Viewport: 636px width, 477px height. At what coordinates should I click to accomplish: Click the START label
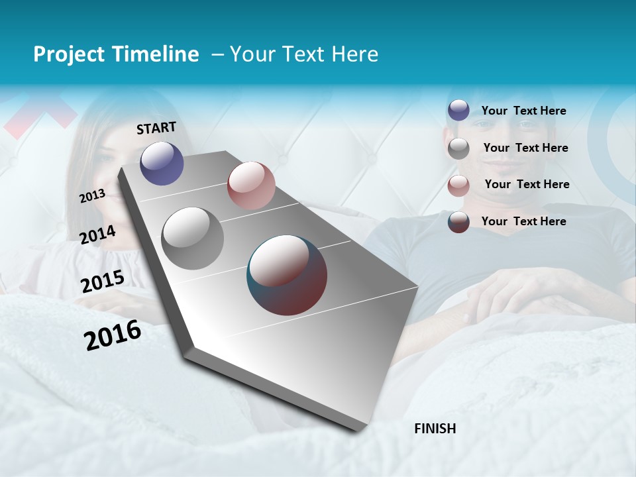(x=156, y=128)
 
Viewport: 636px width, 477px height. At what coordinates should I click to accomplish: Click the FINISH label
(x=435, y=429)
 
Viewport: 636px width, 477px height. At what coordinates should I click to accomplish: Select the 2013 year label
(x=92, y=196)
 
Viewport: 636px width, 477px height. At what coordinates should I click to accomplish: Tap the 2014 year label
(x=97, y=235)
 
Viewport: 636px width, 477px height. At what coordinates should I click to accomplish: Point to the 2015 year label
(x=102, y=282)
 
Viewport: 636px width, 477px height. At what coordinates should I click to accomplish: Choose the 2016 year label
(x=113, y=335)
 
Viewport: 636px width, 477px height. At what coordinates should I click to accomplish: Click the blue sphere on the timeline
(x=162, y=163)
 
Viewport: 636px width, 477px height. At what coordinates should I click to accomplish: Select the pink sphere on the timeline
(x=251, y=185)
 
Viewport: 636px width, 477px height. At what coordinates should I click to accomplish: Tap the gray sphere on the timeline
(x=193, y=238)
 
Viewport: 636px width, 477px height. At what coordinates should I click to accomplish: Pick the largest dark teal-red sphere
(x=287, y=275)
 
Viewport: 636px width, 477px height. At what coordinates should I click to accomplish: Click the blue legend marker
(x=458, y=111)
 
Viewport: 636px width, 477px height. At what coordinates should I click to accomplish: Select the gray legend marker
(x=458, y=148)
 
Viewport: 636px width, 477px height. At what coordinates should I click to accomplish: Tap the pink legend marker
(x=458, y=185)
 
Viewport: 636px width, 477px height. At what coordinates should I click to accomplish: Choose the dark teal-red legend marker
(x=458, y=222)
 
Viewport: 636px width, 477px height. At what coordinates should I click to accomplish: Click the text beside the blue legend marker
(x=523, y=111)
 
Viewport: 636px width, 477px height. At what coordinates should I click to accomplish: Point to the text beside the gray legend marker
(x=525, y=148)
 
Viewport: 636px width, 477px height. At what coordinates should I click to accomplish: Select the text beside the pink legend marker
(x=527, y=184)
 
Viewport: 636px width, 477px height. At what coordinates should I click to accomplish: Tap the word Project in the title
(x=66, y=54)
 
